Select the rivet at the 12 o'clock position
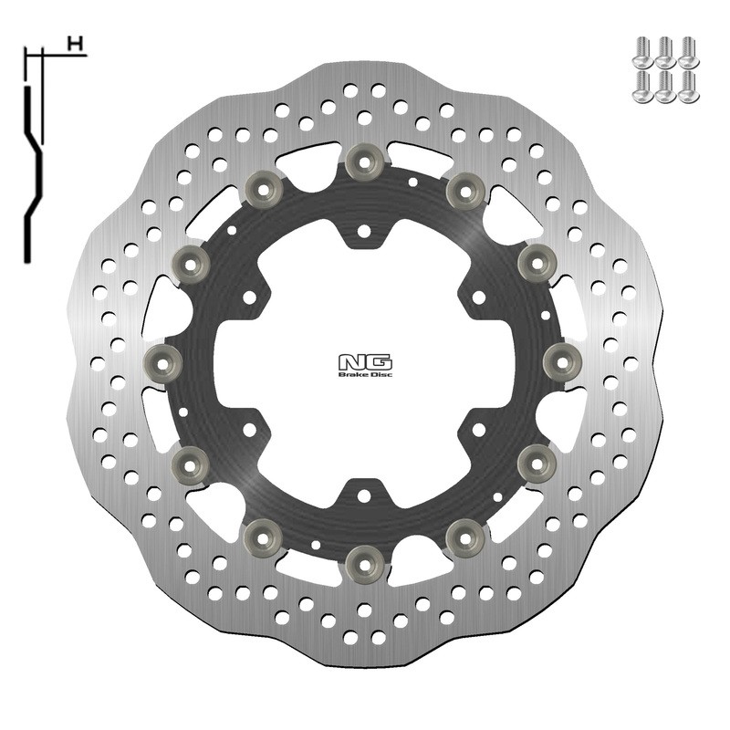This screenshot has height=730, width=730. coord(363,162)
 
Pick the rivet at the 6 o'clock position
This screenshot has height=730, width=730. coord(363,557)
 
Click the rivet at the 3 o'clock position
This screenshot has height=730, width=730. coord(560,360)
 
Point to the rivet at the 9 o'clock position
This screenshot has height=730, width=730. coord(165,360)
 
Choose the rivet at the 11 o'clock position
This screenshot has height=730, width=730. coord(265,188)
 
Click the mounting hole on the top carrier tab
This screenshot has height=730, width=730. coord(363,232)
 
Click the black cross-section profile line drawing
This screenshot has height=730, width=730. coord(33,155)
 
